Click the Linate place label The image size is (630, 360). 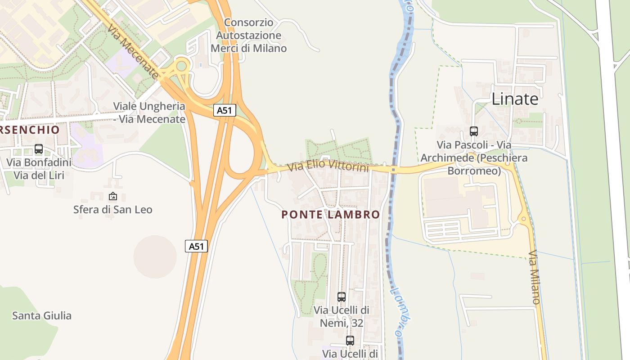[x=515, y=99]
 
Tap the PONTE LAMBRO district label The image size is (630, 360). [x=331, y=215]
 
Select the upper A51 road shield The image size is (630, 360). [x=225, y=111]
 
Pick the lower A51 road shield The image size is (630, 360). [x=197, y=246]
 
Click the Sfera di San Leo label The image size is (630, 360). [x=112, y=209]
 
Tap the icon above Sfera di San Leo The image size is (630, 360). [x=112, y=196]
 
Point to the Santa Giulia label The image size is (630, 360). [x=42, y=315]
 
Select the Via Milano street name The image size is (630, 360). [x=534, y=277]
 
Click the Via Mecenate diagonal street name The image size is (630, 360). [x=133, y=52]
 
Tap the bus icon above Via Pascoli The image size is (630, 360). [x=473, y=131]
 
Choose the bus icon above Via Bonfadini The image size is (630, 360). [x=39, y=149]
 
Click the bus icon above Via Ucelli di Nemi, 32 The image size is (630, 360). [x=342, y=297]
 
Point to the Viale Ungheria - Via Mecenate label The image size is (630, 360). [x=149, y=112]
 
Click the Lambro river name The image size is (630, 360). [x=400, y=310]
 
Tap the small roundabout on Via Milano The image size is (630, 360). [x=523, y=220]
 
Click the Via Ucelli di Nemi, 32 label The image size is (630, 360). [x=342, y=316]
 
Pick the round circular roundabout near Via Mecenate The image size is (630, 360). [x=181, y=67]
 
